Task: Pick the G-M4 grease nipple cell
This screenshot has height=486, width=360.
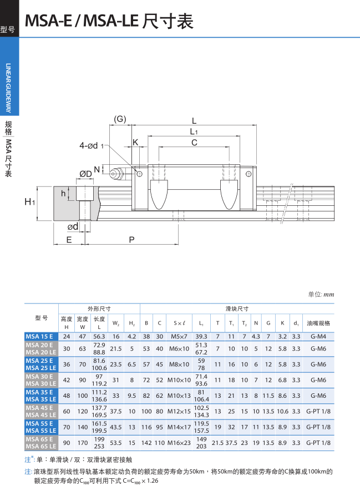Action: [318, 336]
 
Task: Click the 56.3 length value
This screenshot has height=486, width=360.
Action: [99, 336]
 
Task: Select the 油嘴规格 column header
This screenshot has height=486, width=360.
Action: [318, 323]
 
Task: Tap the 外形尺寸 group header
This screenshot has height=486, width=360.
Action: [99, 308]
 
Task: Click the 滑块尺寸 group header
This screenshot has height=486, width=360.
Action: [236, 308]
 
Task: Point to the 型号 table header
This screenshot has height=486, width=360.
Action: [42, 318]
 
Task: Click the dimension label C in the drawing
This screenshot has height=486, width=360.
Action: [194, 143]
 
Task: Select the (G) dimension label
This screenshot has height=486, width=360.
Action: [120, 119]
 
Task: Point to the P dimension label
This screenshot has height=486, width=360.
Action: [131, 240]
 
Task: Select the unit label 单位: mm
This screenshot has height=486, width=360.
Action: [321, 295]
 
